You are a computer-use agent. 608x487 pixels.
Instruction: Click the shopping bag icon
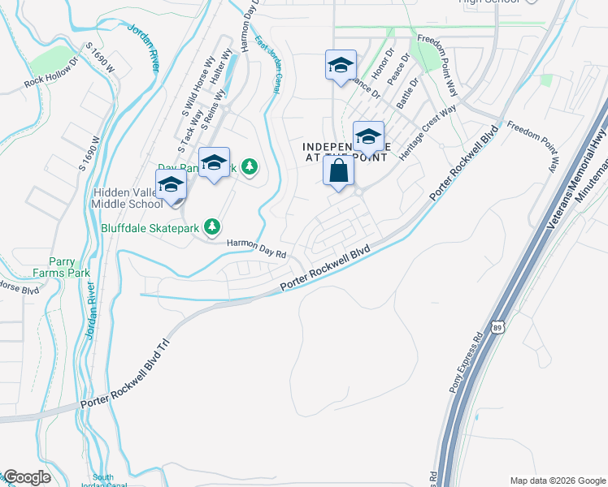[338, 171]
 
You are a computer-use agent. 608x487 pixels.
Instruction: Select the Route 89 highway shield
[502, 325]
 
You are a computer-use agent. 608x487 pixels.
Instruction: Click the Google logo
[27, 477]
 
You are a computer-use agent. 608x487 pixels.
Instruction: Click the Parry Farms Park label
[55, 268]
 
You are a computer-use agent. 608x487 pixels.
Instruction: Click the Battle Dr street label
[406, 94]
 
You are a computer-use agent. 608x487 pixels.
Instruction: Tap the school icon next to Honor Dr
[341, 65]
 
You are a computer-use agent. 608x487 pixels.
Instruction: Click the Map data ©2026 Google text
[558, 480]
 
